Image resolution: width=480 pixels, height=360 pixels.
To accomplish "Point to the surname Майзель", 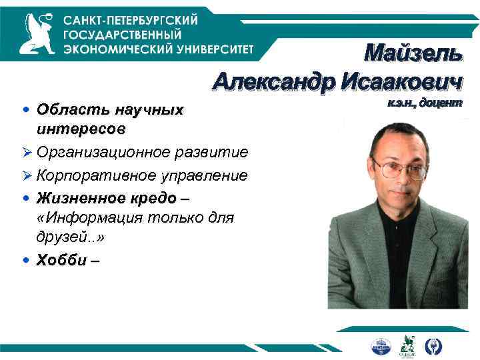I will click(x=412, y=54).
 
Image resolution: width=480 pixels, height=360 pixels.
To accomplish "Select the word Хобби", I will click(x=62, y=260).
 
